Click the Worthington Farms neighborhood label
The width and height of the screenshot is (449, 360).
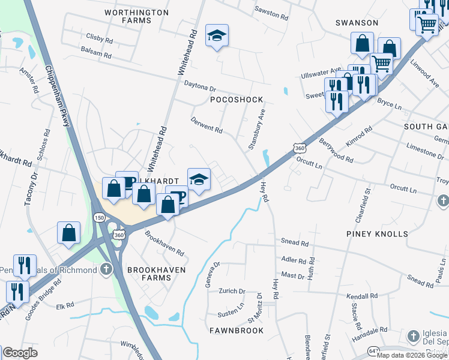[x=136, y=16]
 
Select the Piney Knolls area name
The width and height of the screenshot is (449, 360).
[x=377, y=233]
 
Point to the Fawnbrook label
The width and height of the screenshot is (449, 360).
[x=237, y=331]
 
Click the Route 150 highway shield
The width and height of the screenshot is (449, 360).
[x=98, y=217]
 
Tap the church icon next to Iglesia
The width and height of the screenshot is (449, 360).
[x=413, y=336]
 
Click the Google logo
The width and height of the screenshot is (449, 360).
[x=20, y=353]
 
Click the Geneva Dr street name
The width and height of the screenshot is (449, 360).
[x=213, y=274]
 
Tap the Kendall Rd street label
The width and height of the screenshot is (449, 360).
[x=362, y=296]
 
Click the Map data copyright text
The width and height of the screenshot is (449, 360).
[x=412, y=355]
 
